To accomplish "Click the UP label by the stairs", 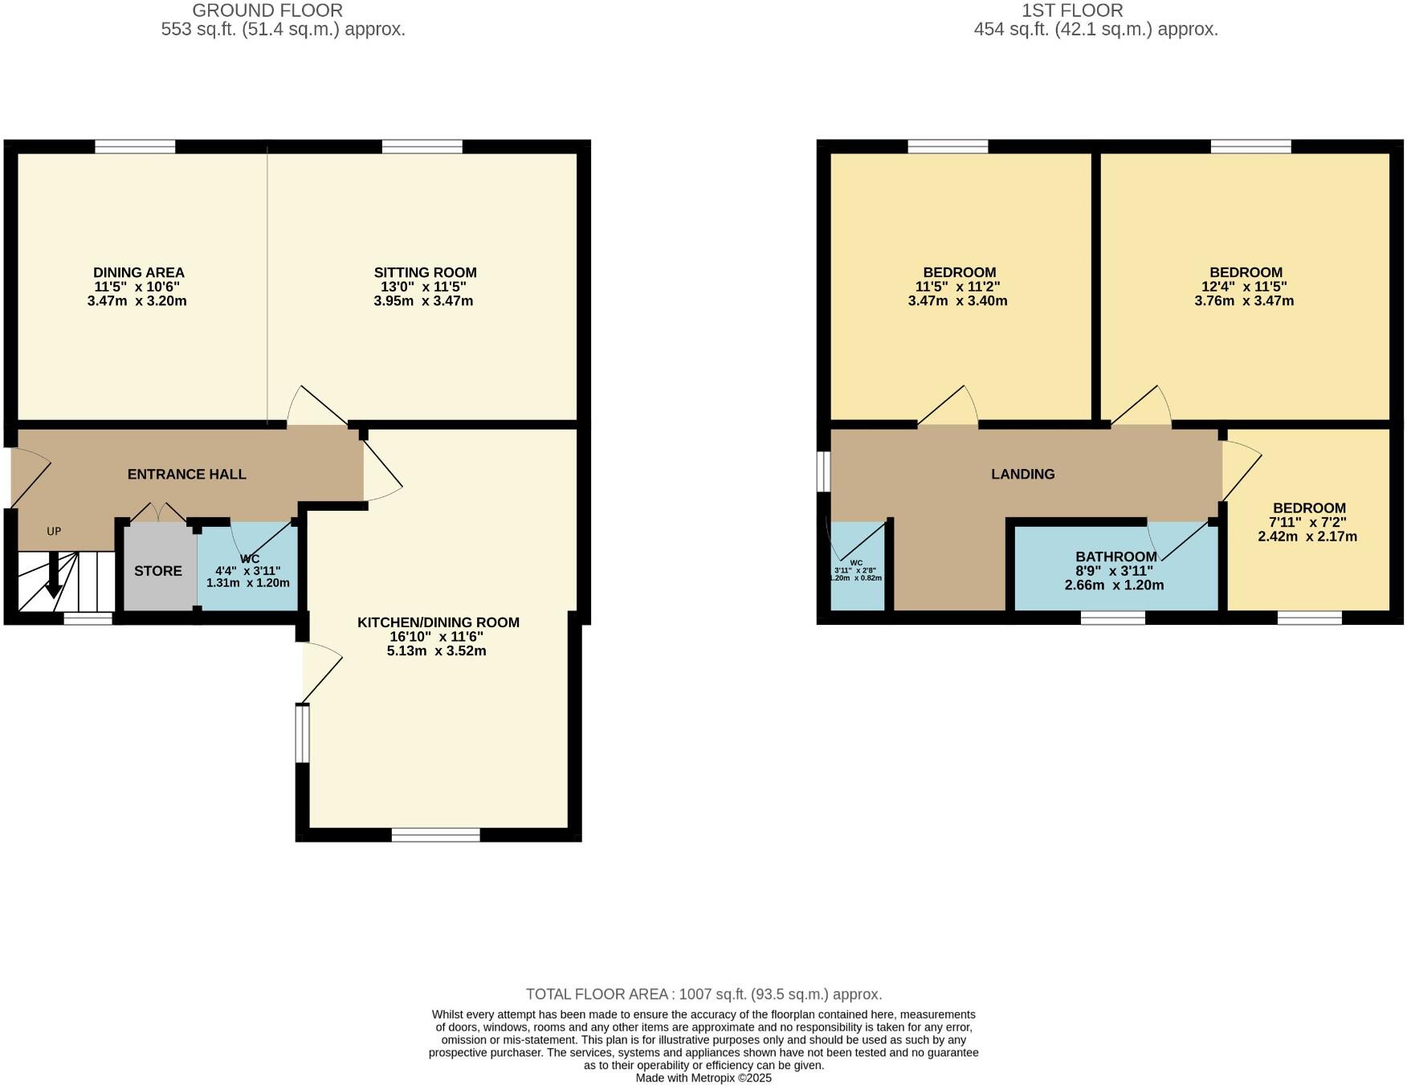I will pos(54,531).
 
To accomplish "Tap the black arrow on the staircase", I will pos(53,577).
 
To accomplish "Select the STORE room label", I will pos(158,571).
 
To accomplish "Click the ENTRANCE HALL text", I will pos(187,475).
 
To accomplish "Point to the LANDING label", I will pos(1022,475).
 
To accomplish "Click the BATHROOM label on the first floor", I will pos(1115,557).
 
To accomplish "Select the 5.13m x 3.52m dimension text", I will pos(436,651).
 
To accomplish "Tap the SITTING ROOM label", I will pos(425,273).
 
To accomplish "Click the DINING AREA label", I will pos(139,273).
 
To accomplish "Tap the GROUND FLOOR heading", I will pos(267,10).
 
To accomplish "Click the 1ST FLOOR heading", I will pos(1072,10).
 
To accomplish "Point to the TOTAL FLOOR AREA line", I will pos(703,994).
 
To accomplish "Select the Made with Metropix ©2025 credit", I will pos(703,1078).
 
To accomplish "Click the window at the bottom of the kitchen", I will pos(435,835).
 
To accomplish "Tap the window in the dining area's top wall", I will pos(135,146).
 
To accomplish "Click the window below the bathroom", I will pos(1112,618).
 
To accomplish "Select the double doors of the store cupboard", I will pos(158,512).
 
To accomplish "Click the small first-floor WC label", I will pos(856,563).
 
